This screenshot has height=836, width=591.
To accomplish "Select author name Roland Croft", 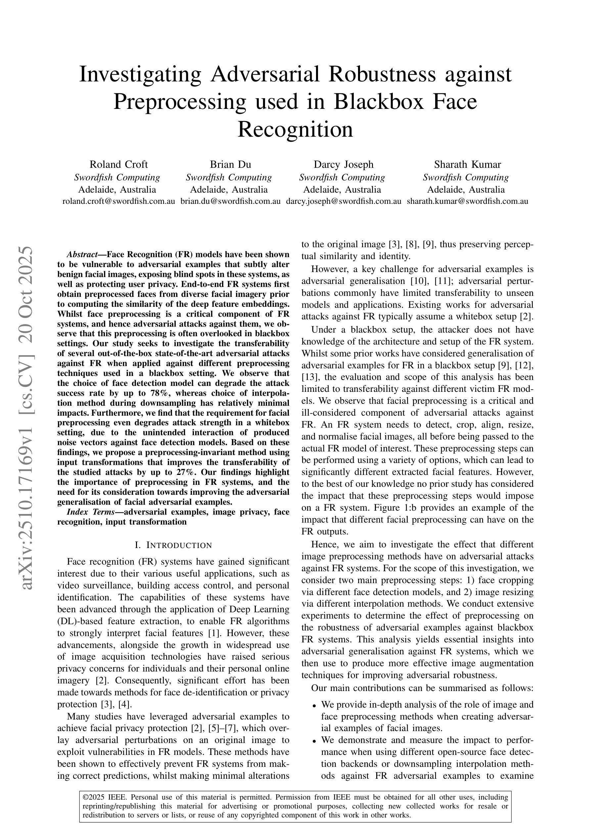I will coord(118,164).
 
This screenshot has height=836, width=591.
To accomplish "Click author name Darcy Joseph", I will coord(343,164).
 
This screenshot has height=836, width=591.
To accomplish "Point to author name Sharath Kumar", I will coord(467,164).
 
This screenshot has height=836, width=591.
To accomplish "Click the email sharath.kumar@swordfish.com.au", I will coord(467,201).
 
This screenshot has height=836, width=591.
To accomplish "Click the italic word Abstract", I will coord(81,254).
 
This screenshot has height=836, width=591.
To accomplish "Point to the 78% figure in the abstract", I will coord(159,393).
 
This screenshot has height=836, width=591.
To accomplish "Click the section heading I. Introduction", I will coord(173,545).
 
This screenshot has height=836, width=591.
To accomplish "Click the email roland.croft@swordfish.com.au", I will coord(118,201).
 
